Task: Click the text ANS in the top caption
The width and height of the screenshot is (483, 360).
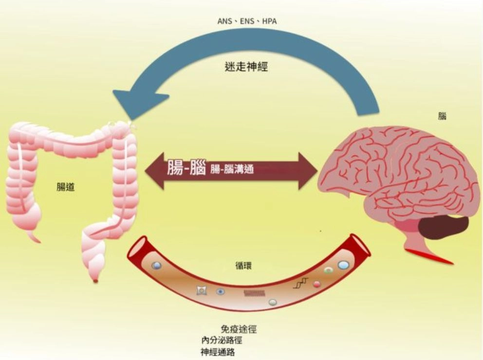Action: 224,21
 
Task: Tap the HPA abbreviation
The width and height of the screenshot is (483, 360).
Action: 270,21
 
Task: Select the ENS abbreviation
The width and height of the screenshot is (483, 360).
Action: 247,21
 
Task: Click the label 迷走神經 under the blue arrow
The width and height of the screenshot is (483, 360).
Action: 246,67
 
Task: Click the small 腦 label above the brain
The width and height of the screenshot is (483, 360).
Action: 442,116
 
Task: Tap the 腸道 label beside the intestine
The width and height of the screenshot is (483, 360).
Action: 66,187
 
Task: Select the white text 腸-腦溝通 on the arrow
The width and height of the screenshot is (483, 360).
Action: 232,169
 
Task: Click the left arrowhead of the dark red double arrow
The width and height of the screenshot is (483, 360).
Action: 155,170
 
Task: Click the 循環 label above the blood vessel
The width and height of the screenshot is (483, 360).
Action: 243,265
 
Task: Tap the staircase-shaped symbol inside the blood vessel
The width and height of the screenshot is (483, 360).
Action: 300,283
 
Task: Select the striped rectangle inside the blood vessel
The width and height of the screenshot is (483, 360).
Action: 255,293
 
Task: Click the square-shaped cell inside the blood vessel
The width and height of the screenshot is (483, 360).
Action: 202,290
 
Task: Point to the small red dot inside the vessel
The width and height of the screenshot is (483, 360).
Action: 316,284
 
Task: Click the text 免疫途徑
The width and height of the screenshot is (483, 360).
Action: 239,329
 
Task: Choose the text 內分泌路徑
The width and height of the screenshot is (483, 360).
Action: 222,341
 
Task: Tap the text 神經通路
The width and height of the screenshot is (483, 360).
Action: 218,352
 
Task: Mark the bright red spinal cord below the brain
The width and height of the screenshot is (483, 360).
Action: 430,256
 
